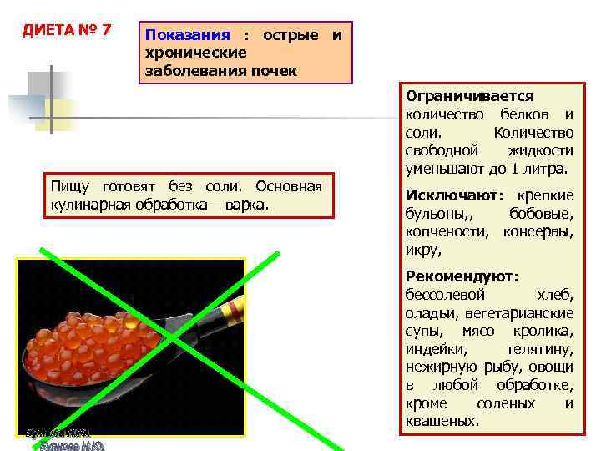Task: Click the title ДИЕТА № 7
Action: [67, 30]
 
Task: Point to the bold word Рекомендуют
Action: [461, 276]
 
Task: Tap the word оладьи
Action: [431, 312]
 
